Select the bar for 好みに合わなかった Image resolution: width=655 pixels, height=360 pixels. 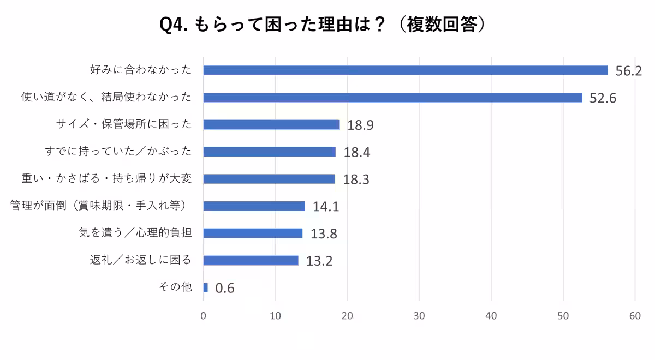(x=405, y=70)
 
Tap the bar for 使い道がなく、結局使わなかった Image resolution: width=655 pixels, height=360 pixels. (x=392, y=98)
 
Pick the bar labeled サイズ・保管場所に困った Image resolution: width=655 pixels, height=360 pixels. (x=271, y=125)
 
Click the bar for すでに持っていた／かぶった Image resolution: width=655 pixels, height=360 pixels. (x=270, y=152)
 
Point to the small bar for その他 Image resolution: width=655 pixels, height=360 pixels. (x=206, y=287)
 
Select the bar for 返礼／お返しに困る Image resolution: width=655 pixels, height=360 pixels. (x=251, y=260)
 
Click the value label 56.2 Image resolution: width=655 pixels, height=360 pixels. (x=628, y=71)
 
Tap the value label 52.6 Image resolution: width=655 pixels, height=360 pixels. (x=603, y=99)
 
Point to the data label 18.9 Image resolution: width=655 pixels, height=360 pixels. (x=360, y=125)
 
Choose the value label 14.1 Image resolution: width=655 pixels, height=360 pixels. (x=326, y=207)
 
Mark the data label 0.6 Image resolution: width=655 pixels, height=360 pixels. (x=225, y=289)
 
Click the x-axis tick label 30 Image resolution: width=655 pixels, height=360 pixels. (x=419, y=316)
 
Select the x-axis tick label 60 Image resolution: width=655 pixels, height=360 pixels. (x=635, y=316)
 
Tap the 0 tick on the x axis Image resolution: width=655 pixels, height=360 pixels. (x=204, y=316)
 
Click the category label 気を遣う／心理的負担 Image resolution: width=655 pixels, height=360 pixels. (x=135, y=233)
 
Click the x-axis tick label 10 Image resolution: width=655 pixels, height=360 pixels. (x=275, y=316)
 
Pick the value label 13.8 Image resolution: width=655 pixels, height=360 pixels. (x=324, y=234)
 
